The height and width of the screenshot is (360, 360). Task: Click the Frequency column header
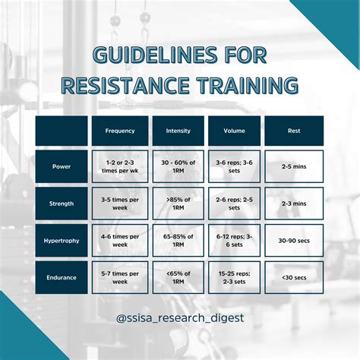pyautogui.click(x=120, y=130)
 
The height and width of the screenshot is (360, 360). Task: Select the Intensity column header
pyautogui.click(x=178, y=130)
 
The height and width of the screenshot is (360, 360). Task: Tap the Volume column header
pyautogui.click(x=234, y=130)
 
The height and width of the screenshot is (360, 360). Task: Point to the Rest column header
pyautogui.click(x=293, y=130)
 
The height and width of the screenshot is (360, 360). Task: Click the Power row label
pyautogui.click(x=62, y=166)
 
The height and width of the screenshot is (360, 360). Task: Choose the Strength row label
pyautogui.click(x=62, y=203)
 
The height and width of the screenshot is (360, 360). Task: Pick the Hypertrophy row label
pyautogui.click(x=62, y=240)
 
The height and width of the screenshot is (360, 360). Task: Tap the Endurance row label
pyautogui.click(x=62, y=277)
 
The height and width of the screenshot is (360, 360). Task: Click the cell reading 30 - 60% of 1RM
pyautogui.click(x=178, y=166)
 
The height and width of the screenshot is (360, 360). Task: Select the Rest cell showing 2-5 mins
pyautogui.click(x=293, y=166)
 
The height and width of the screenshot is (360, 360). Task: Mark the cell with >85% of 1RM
pyautogui.click(x=178, y=203)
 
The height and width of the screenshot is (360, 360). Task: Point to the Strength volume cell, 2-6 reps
pyautogui.click(x=234, y=203)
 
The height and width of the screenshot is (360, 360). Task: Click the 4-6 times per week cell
pyautogui.click(x=120, y=240)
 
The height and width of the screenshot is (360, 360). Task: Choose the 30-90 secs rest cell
pyautogui.click(x=293, y=240)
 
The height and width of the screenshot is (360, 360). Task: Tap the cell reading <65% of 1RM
pyautogui.click(x=178, y=277)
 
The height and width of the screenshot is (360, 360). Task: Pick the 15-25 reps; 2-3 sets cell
pyautogui.click(x=234, y=277)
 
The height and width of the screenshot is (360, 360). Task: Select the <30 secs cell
pyautogui.click(x=293, y=277)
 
